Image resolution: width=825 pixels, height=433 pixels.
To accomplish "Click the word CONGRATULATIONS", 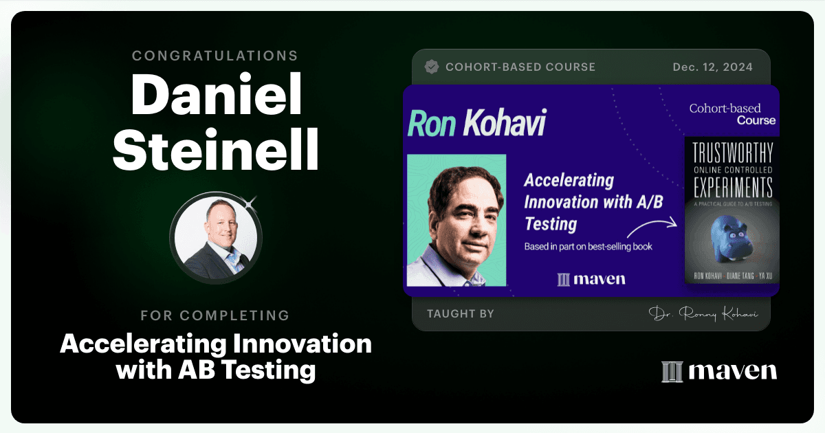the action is [214, 56].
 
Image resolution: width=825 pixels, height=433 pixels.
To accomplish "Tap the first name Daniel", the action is [216, 95].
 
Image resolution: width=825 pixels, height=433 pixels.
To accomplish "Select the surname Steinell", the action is [215, 150].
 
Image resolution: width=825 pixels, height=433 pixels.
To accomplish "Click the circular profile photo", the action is [216, 238].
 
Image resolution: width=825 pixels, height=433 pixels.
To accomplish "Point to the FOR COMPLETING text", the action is [215, 315].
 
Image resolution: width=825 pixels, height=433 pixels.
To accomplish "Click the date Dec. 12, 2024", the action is [713, 67].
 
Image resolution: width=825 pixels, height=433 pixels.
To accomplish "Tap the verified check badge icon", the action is [432, 67].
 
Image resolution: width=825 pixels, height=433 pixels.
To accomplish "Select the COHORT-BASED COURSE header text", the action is [520, 67].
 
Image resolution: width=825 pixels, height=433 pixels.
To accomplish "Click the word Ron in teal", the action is [432, 124].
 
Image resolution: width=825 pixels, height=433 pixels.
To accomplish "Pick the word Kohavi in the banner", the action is [505, 122].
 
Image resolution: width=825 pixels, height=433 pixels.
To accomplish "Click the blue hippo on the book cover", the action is [731, 239].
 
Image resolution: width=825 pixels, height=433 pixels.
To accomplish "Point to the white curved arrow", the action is [652, 228].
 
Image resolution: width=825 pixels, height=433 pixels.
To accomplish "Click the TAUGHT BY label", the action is [461, 313].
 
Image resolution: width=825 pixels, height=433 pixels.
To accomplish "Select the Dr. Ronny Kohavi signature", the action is [703, 313].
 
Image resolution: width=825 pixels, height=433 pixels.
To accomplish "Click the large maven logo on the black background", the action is [719, 372].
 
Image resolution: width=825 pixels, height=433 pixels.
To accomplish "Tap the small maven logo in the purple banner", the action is [591, 280].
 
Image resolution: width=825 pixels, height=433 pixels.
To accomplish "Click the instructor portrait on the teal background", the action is [456, 220].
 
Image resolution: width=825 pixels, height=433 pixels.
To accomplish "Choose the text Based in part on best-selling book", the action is [588, 247].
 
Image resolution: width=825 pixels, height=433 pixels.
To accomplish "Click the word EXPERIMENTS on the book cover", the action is [733, 188].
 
